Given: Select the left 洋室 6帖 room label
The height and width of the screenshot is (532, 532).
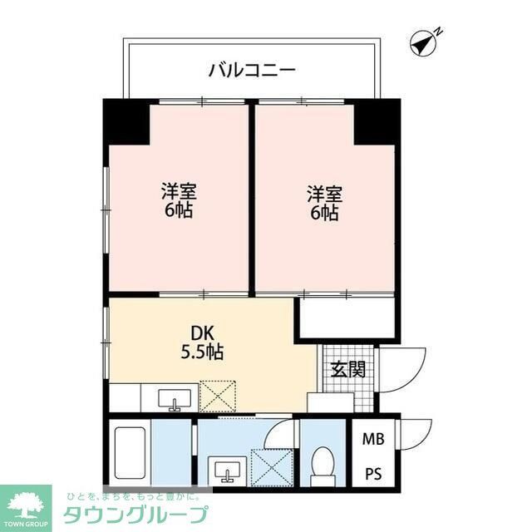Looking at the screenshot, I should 178,200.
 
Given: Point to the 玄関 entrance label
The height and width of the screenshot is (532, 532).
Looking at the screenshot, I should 347,368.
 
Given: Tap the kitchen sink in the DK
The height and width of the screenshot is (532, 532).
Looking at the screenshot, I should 175,397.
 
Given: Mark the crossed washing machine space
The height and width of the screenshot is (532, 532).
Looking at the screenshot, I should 271,466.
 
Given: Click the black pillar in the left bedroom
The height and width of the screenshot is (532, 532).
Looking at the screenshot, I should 127,121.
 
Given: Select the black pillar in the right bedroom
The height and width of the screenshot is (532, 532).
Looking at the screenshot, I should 375,121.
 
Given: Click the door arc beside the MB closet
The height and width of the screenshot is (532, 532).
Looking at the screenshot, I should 416,437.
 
